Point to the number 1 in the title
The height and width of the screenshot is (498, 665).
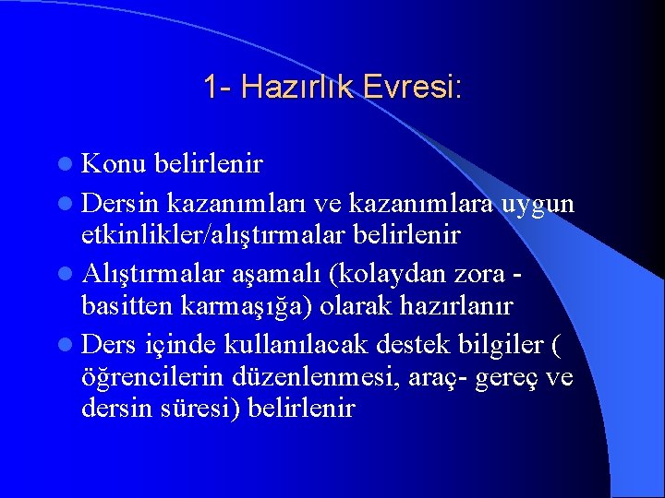[212, 89]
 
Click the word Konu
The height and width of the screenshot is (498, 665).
[115, 164]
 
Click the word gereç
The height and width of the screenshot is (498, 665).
[507, 379]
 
